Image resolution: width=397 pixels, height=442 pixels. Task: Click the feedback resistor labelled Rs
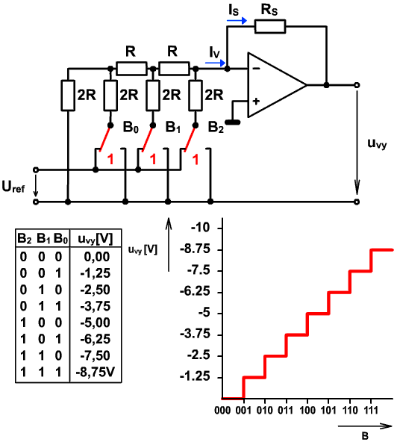pyautogui.click(x=270, y=26)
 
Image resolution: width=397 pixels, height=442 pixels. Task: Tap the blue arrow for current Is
pyautogui.click(x=237, y=21)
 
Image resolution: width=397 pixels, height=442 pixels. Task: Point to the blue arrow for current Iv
pyautogui.click(x=215, y=63)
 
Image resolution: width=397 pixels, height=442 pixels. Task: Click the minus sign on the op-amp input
pyautogui.click(x=257, y=69)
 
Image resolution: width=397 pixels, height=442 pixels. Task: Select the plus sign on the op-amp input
pyautogui.click(x=256, y=102)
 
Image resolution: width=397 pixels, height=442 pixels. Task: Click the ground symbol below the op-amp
pyautogui.click(x=232, y=122)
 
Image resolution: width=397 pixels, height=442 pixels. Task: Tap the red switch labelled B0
pyautogui.click(x=105, y=138)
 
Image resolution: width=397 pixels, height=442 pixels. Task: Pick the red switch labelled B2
pyautogui.click(x=190, y=138)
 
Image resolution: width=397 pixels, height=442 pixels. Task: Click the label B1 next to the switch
pyautogui.click(x=172, y=128)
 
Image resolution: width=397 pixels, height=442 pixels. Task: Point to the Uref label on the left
pyautogui.click(x=13, y=187)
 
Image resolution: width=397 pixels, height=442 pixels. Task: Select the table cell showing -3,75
pyautogui.click(x=96, y=306)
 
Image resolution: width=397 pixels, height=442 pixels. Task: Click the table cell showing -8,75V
pyautogui.click(x=96, y=373)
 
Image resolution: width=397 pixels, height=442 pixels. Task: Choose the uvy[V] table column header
pyautogui.click(x=96, y=240)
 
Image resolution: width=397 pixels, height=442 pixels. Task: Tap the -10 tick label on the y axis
pyautogui.click(x=200, y=228)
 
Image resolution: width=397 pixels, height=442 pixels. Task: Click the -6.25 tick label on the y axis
pyautogui.click(x=195, y=291)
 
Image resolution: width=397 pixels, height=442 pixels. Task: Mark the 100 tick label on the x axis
pyautogui.click(x=307, y=410)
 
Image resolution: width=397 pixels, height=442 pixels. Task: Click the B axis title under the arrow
pyautogui.click(x=366, y=435)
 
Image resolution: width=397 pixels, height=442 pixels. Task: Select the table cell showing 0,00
pyautogui.click(x=97, y=257)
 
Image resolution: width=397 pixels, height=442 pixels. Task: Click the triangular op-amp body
pyautogui.click(x=278, y=85)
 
